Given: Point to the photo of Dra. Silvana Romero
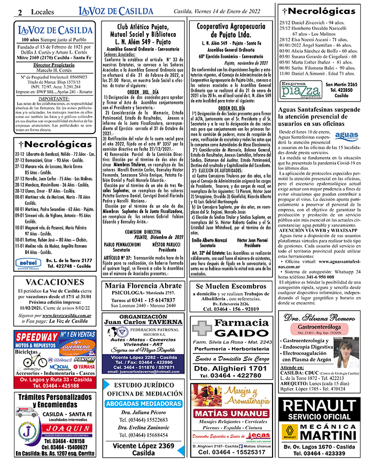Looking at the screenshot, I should point(347,353).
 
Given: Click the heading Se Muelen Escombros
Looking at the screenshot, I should point(231,286).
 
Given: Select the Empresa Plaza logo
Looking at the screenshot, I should point(301,90).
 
